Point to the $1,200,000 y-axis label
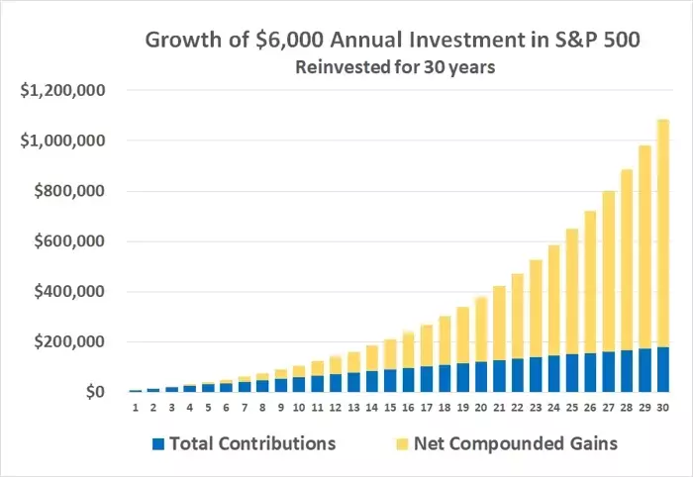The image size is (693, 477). pos(63,91)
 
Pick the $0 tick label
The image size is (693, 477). pos(93,393)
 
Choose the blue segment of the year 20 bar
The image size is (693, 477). pos(486,377)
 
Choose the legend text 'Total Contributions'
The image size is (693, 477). pos(252,443)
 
